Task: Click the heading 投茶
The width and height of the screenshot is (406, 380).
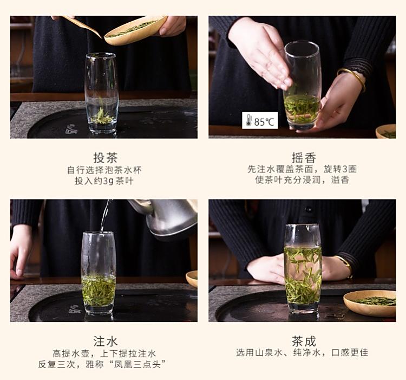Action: click(106, 157)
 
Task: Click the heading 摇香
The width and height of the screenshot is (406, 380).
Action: click(304, 157)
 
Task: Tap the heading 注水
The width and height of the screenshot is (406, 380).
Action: click(106, 341)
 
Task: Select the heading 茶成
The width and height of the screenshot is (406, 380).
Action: click(304, 341)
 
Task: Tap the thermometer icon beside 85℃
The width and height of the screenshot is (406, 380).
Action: click(248, 120)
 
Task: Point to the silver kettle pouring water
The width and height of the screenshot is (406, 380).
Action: click(166, 218)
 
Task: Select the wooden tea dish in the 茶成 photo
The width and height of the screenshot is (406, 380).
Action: click(370, 303)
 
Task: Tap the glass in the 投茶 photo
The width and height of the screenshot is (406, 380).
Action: click(102, 93)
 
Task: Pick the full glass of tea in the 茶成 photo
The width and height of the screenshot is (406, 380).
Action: click(303, 269)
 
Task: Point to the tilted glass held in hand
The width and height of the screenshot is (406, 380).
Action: click(303, 85)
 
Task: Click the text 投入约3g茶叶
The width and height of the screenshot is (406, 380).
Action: click(104, 181)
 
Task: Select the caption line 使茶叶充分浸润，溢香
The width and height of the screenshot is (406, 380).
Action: click(302, 180)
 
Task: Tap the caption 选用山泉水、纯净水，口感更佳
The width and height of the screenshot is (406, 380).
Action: click(302, 353)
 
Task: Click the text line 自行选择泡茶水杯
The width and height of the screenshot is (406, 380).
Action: click(104, 170)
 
